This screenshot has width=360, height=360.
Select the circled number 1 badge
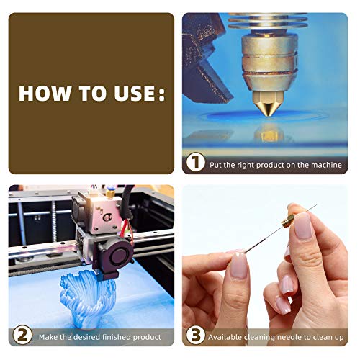click(196, 162)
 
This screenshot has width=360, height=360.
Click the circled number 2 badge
click(22, 335)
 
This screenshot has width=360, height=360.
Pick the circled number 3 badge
click(196, 335)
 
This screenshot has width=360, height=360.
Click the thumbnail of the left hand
click(239, 266)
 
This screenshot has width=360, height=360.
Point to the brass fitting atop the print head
click(110, 193)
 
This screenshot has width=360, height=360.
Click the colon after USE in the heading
click(162, 94)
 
